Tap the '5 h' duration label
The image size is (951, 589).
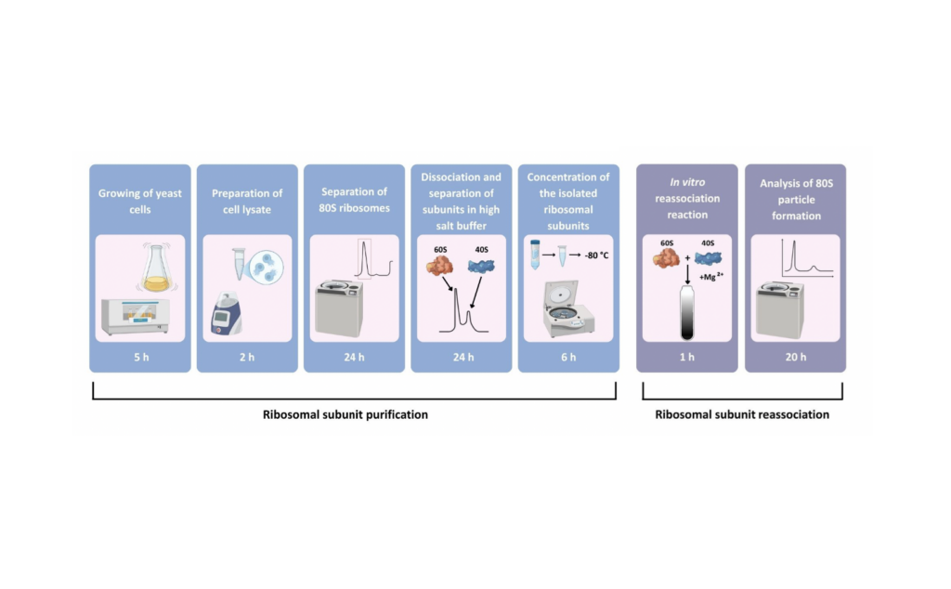140,357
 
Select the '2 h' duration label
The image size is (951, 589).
247,357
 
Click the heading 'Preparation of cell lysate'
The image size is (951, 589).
247,202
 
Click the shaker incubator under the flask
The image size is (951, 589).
138,317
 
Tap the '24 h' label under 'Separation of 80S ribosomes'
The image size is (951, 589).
354,357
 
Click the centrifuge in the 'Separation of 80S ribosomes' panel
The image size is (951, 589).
340,308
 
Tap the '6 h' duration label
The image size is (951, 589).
568,357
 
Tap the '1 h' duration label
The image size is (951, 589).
687,357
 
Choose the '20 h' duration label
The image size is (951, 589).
795,357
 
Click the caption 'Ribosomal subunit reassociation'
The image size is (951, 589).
741,414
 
